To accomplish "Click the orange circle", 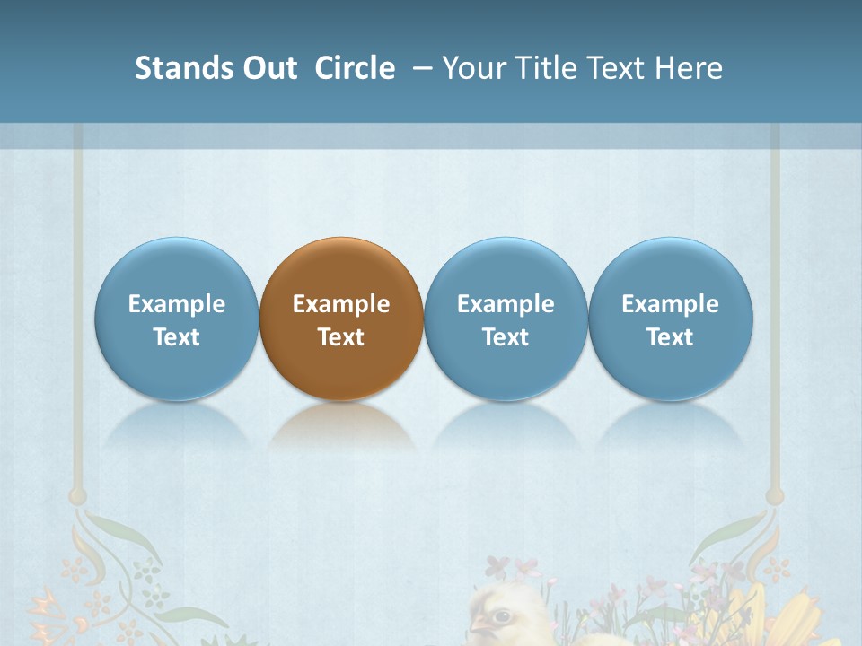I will [341, 269].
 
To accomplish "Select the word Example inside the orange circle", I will [341, 304].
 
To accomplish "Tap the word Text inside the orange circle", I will [341, 337].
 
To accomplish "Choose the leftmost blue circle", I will [176, 269].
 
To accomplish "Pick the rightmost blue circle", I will [671, 269].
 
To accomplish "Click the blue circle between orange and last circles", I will [506, 269].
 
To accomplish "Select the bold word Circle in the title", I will [355, 68].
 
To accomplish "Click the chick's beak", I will [479, 624].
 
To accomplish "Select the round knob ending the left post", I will [78, 495].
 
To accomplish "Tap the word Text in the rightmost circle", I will [671, 337].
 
